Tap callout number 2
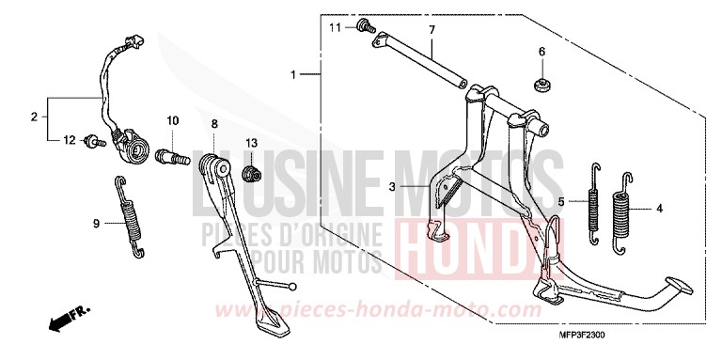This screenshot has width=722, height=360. click(x=34, y=117)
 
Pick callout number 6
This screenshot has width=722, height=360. click(x=541, y=51)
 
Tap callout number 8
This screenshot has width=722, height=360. click(x=214, y=123)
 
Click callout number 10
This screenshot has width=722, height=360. click(x=173, y=121)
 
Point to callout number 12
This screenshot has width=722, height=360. click(x=69, y=140)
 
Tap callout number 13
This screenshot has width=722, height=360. click(x=251, y=142)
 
